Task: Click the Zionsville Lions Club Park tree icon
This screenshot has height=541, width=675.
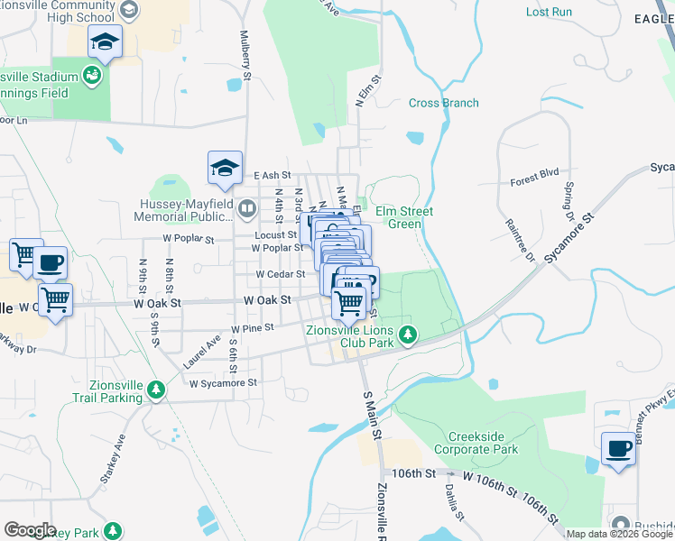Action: (x=408, y=335)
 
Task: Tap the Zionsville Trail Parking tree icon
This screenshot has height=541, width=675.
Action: (x=157, y=390)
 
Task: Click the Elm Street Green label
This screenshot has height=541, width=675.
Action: (x=399, y=217)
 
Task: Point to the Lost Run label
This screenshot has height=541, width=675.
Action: (x=549, y=12)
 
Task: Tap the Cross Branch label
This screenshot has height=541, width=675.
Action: (x=444, y=103)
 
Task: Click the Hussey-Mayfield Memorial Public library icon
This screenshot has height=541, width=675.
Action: (x=247, y=210)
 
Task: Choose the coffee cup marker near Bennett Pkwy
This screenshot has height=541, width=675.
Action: (x=618, y=448)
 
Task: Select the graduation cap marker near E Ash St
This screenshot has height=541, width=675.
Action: (x=225, y=166)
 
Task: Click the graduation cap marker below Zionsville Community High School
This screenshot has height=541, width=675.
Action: (x=106, y=41)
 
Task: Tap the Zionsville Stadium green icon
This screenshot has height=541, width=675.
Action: (x=91, y=76)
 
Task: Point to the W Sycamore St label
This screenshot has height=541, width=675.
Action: (x=223, y=382)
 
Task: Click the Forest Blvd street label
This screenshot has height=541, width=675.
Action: (x=535, y=176)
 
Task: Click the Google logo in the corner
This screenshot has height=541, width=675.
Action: (x=30, y=530)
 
